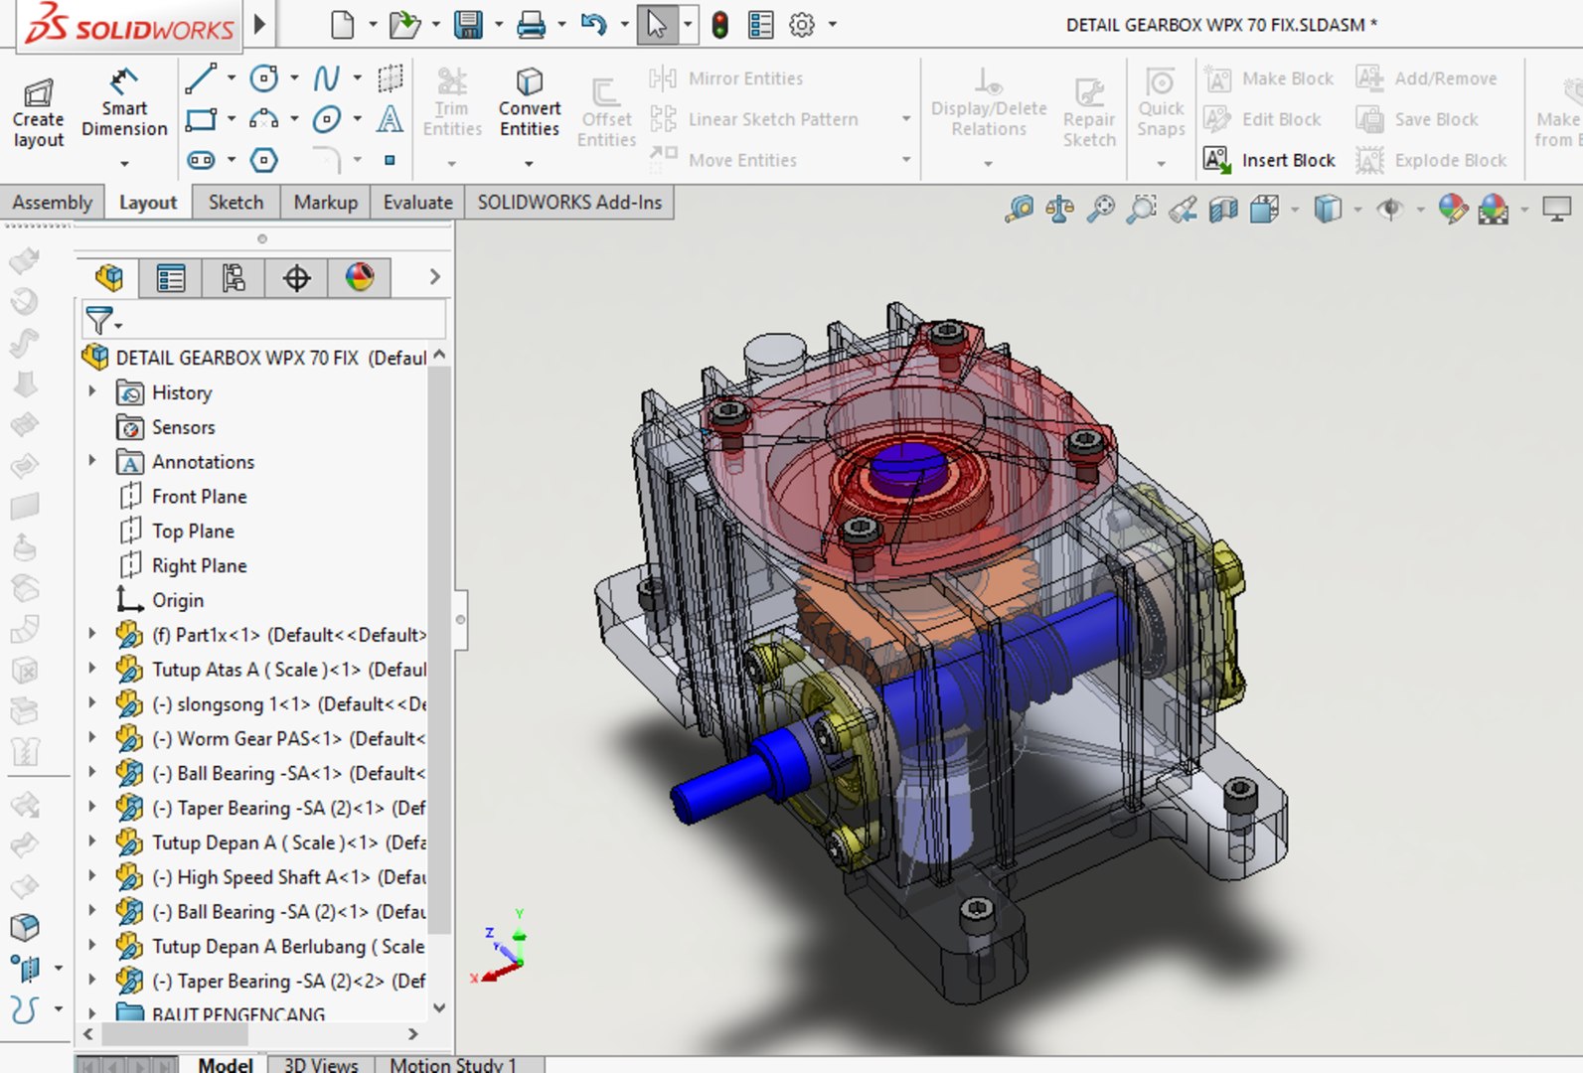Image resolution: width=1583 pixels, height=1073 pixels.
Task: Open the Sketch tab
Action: coord(236,202)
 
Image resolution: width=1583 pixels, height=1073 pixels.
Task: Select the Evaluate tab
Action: coord(417,202)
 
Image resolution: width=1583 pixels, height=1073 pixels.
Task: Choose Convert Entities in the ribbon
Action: coord(529,103)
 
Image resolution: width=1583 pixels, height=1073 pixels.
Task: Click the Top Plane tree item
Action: coord(193,531)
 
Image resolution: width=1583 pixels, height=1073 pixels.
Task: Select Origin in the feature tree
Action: coord(177,600)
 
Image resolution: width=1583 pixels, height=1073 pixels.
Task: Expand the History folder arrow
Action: coord(92,391)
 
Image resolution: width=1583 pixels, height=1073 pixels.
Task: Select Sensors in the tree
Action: coord(183,427)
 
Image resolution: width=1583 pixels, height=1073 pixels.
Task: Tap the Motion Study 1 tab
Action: coord(452,1064)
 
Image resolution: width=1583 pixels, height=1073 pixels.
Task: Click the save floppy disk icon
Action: coord(468,25)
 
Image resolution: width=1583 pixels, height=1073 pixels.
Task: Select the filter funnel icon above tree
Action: coord(99,320)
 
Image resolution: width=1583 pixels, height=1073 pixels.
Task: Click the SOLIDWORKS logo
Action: coord(129,25)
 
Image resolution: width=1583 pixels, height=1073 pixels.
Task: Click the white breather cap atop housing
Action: coord(774,353)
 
